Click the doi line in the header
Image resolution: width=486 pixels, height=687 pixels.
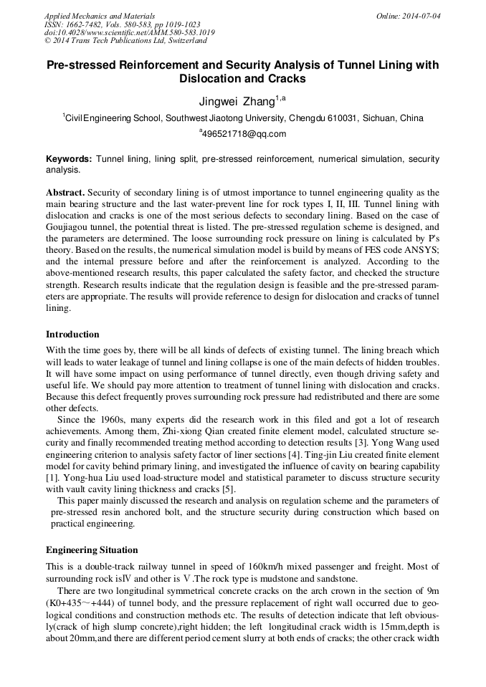click(x=128, y=33)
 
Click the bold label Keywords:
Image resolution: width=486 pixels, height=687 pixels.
click(x=69, y=158)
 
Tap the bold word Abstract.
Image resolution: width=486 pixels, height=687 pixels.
click(x=65, y=193)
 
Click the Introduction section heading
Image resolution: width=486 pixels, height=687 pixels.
click(x=72, y=334)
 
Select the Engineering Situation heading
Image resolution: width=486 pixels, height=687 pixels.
click(x=92, y=549)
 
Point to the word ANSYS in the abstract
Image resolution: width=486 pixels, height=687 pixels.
click(x=417, y=262)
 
